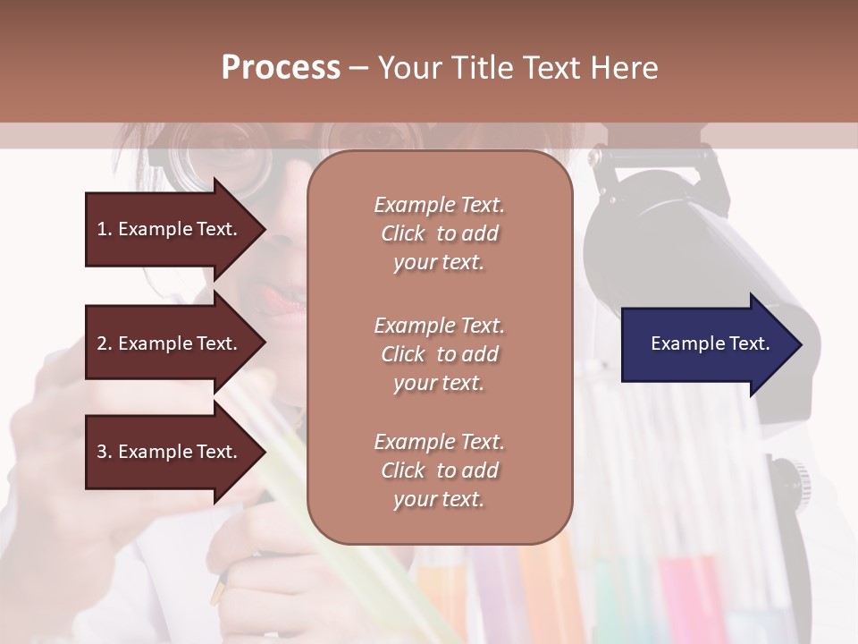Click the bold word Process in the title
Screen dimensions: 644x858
[281, 68]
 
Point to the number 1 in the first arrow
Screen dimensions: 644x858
[101, 229]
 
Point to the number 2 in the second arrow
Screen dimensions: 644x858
[102, 343]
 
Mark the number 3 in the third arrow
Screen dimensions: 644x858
[102, 452]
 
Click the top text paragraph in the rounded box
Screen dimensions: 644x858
[439, 233]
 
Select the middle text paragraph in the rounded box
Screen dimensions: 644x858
[439, 353]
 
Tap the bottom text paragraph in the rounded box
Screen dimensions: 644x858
[439, 470]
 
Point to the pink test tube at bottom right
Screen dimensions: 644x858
[693, 595]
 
